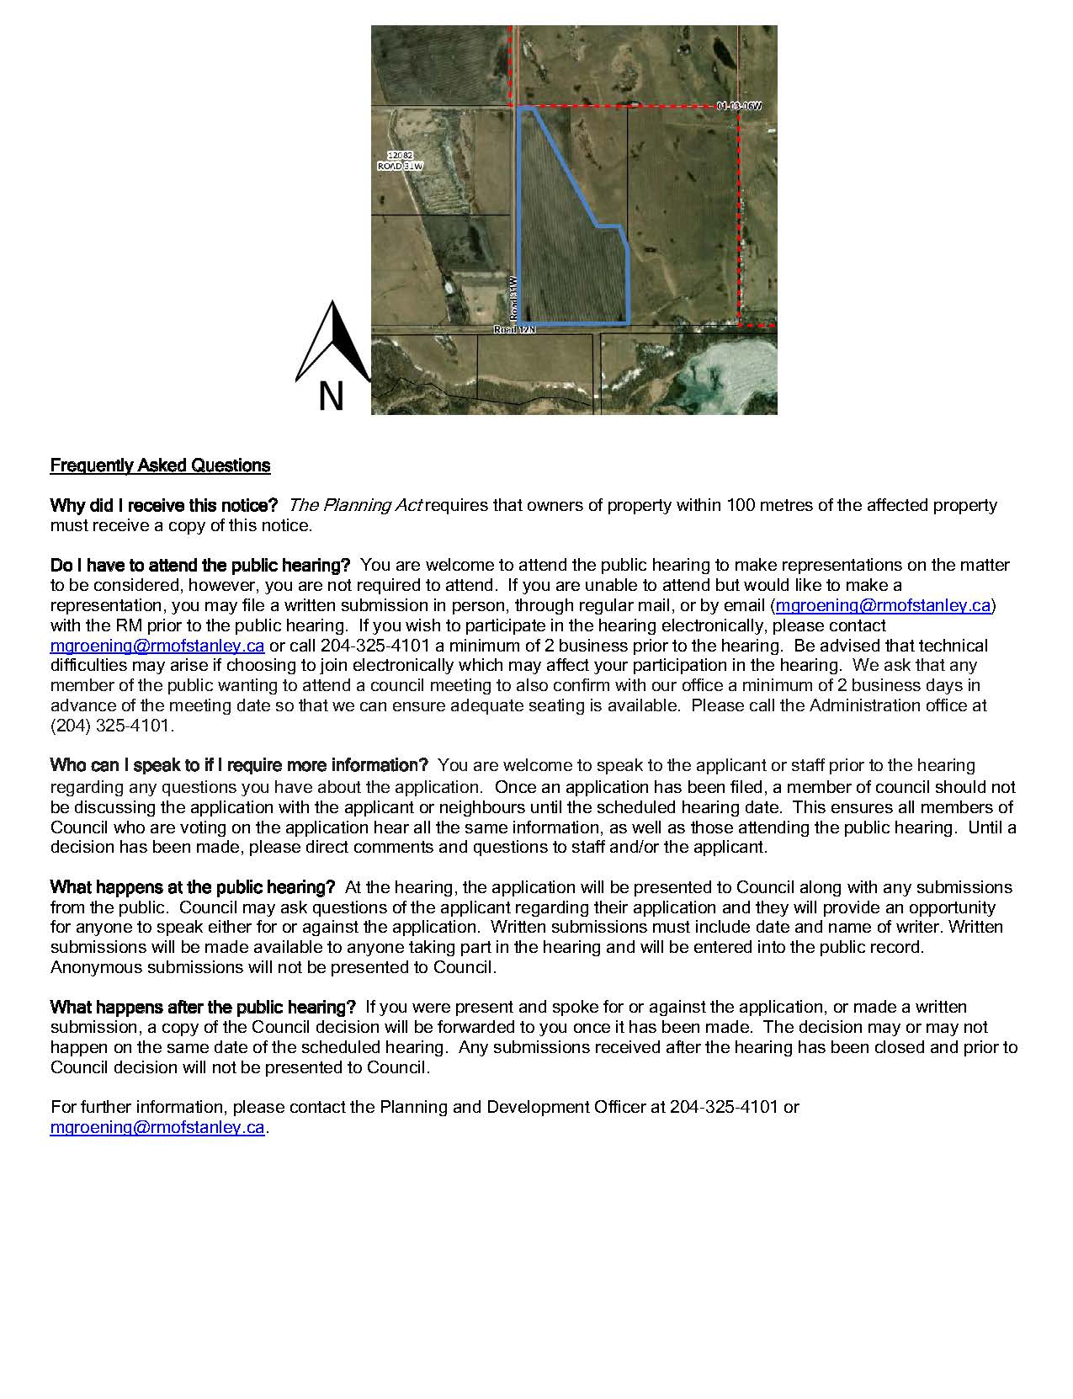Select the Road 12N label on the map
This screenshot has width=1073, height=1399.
514,330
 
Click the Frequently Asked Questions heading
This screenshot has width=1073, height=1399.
160,465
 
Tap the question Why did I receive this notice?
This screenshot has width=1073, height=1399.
164,506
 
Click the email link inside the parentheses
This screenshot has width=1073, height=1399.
883,605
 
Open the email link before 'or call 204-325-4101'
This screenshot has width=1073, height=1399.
157,646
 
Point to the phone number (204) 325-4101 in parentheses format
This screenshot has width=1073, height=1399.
110,726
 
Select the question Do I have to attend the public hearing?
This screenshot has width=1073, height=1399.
200,565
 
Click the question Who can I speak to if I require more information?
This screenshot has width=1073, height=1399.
240,765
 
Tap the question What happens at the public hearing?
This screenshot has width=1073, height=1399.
193,887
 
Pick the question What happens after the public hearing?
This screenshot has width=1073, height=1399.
203,1008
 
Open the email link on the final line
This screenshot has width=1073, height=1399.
157,1128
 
